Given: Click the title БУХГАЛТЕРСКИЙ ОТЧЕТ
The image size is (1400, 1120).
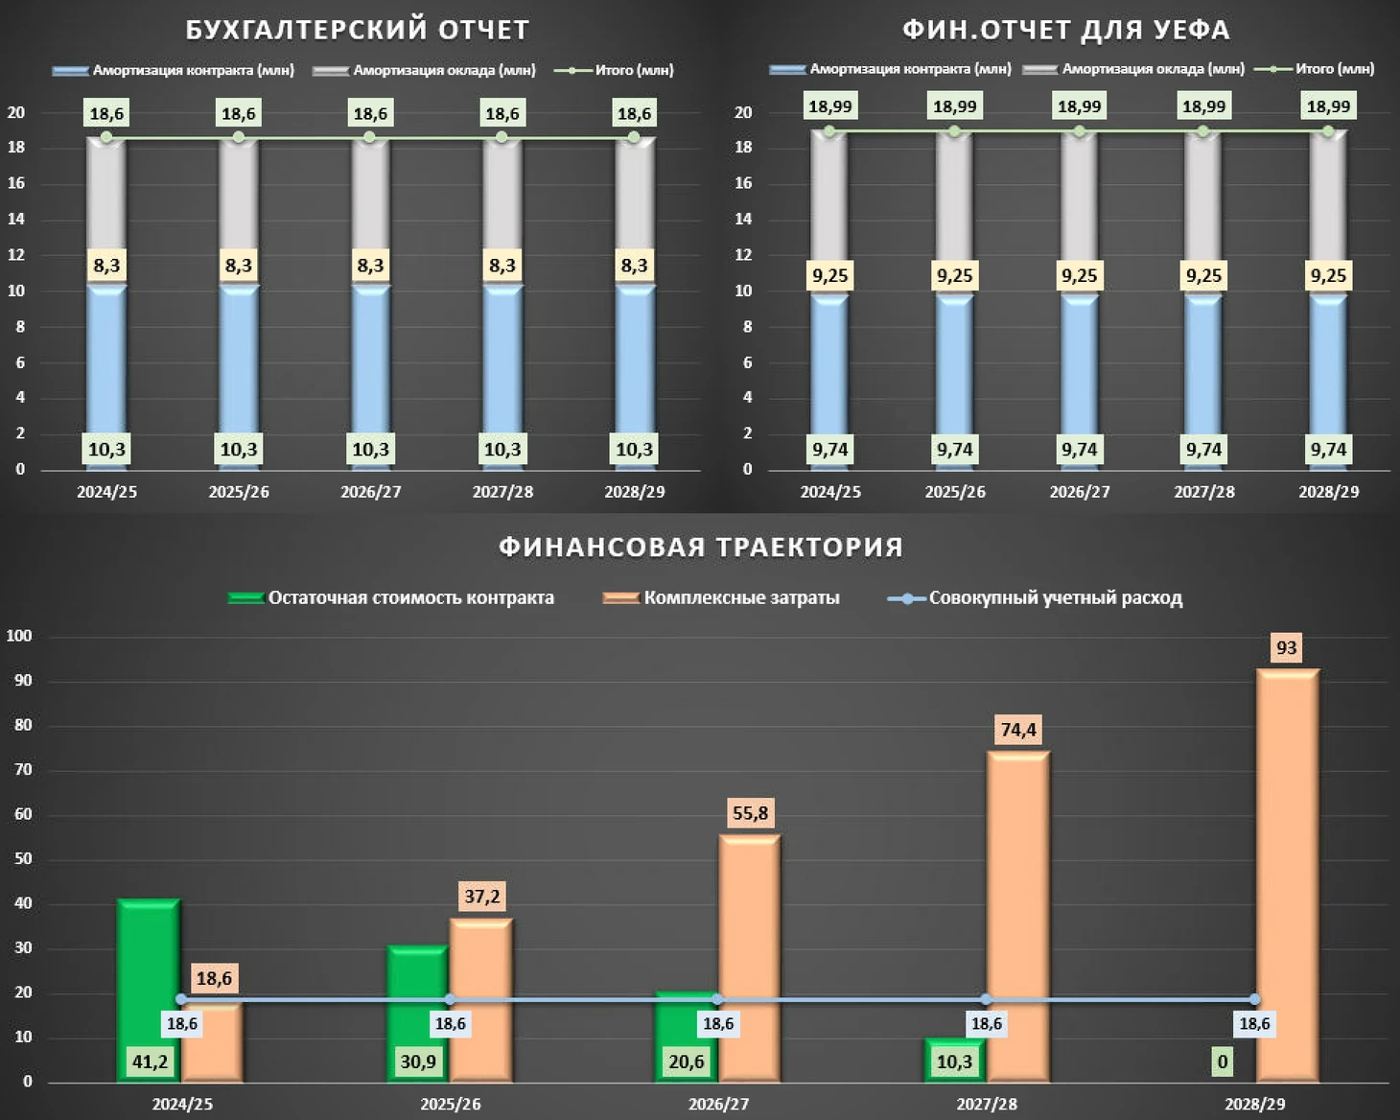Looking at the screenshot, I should coord(357,30).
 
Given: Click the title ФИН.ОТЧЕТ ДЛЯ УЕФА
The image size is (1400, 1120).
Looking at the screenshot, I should coord(1065,30).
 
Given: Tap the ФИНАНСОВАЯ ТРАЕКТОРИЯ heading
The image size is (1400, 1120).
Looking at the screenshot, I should coord(700,547).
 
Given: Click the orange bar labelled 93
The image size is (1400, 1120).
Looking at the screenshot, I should coord(1288,873).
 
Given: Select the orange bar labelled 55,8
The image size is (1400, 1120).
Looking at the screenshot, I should coord(750,959).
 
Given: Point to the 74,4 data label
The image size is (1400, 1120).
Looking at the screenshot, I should coord(1018,730).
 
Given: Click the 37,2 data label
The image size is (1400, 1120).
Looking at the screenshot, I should coord(481,897).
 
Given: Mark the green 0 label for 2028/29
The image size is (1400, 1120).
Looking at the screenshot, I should coord(1222,1062).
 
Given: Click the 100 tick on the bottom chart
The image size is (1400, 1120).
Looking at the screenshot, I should coord(19,636).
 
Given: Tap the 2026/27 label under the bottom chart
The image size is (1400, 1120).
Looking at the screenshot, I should coord(718,1104).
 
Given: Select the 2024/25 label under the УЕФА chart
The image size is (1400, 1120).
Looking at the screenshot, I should coord(830,492).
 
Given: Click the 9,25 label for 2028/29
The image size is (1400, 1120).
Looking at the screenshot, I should coord(1328,276).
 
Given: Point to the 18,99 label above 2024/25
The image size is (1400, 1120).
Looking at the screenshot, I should coord(830,106).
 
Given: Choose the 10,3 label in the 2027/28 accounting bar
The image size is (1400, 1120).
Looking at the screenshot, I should coord(502,450).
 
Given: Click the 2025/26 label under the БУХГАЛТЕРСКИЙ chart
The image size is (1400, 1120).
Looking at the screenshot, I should coord(239,492).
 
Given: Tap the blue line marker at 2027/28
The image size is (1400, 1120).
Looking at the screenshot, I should coord(987,999).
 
